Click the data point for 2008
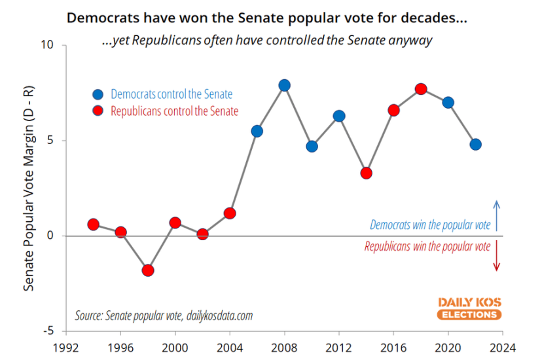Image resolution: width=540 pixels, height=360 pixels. (x=284, y=85)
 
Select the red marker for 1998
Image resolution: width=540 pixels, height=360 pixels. (x=148, y=270)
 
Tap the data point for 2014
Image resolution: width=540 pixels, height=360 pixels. (x=367, y=173)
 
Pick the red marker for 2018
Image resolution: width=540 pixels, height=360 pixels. (x=421, y=89)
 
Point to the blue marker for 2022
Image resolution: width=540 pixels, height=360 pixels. (x=476, y=144)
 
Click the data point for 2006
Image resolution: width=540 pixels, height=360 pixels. (x=257, y=131)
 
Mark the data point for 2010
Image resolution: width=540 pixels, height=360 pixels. (x=312, y=146)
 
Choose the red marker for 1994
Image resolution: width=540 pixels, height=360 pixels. (x=93, y=225)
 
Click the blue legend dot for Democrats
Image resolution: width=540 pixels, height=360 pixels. (x=98, y=94)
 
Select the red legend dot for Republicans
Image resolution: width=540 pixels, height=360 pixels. (x=98, y=111)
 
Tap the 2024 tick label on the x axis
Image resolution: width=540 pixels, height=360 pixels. (x=503, y=347)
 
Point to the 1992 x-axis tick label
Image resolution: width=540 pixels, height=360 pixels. (x=66, y=347)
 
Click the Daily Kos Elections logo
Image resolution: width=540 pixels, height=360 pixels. (x=469, y=308)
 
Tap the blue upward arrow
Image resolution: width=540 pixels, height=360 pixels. (x=496, y=215)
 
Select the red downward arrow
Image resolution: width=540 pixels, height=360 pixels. (x=496, y=256)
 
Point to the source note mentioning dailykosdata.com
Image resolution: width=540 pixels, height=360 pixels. (x=164, y=315)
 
